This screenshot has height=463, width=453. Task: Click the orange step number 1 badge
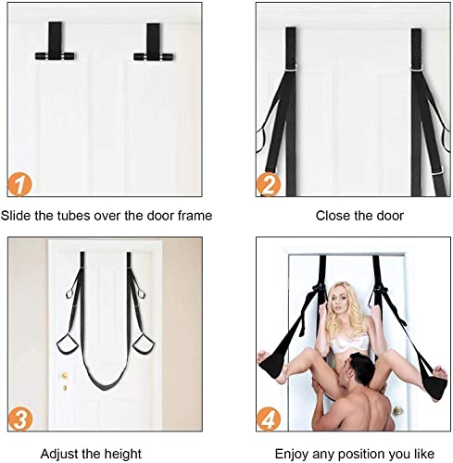pyautogui.click(x=20, y=181)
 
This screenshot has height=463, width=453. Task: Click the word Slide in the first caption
pyautogui.click(x=18, y=215)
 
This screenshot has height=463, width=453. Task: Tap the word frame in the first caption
pyautogui.click(x=194, y=215)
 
